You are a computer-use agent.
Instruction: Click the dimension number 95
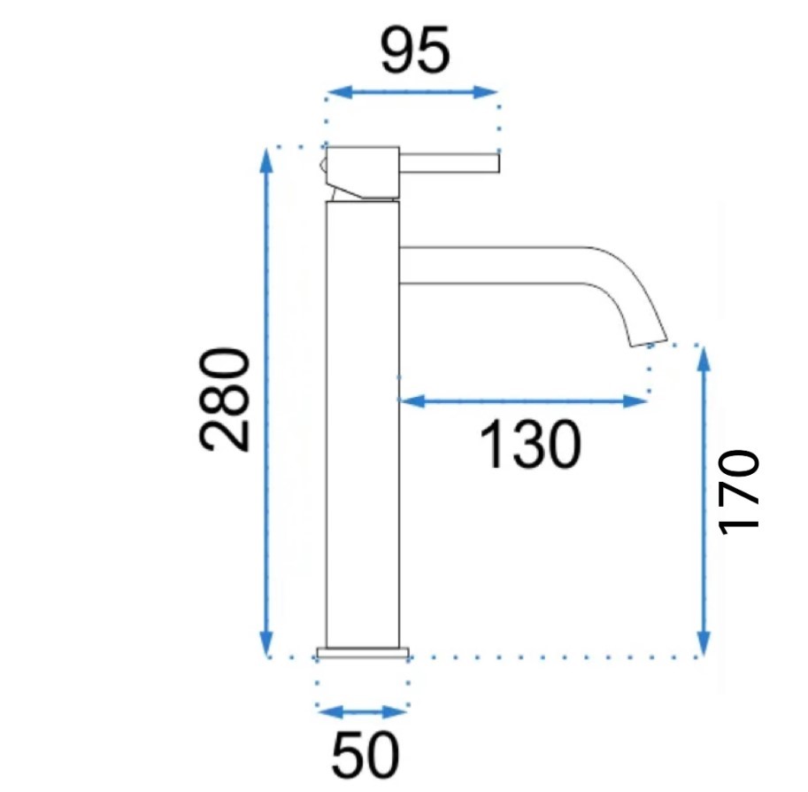click(x=415, y=50)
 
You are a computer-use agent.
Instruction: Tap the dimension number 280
click(x=224, y=400)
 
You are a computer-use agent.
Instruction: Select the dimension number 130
click(x=530, y=445)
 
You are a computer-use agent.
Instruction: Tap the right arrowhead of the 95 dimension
click(x=485, y=93)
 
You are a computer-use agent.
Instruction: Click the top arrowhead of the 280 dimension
click(x=265, y=160)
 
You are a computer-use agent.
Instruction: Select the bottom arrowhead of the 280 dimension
click(x=265, y=643)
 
